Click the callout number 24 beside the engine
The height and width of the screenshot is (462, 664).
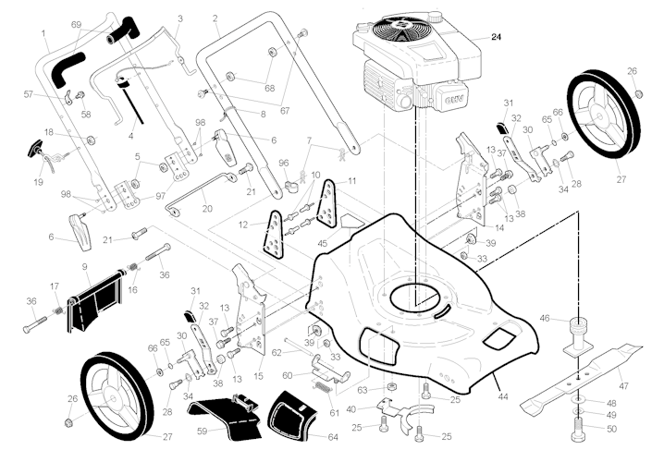click(497, 38)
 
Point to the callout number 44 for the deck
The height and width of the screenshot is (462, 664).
click(503, 395)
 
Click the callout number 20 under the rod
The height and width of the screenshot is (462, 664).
click(206, 208)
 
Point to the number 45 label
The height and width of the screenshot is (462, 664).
click(323, 244)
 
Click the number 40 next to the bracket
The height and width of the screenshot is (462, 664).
click(350, 409)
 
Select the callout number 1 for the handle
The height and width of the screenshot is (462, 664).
click(43, 34)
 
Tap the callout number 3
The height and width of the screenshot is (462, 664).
click(179, 18)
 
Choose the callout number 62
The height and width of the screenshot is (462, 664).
click(277, 352)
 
